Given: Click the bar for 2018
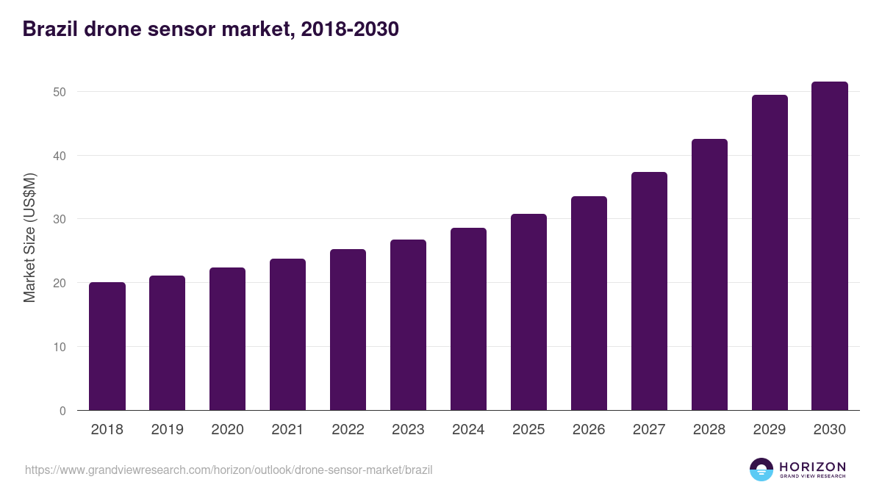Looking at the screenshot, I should coord(107,346).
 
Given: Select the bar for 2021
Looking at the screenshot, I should coord(287,334).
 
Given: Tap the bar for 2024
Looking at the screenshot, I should coord(468,319).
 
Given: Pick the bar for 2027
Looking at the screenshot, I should coord(649,291).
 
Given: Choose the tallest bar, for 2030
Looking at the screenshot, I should coord(830,246).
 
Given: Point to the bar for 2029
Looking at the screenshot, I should coord(770,253).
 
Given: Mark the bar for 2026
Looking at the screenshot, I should coord(589,303).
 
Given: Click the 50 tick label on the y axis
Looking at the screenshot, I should coord(60,92).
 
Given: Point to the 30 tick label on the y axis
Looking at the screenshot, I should coord(60,219).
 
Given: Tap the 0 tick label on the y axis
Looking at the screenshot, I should coord(63,411).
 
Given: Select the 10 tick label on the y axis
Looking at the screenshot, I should coord(60,347).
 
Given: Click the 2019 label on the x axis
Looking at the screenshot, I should coord(168,430).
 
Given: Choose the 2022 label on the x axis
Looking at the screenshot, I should coord(348,430).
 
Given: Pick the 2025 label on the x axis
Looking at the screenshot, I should coord(528,430).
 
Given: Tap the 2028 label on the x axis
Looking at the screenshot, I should coord(709,430).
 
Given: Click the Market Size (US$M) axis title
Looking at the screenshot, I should coord(29,237).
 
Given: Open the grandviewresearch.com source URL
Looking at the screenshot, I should coord(229,470).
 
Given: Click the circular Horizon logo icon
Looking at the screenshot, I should coord(761,470).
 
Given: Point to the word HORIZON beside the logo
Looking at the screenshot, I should coord(812,467).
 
